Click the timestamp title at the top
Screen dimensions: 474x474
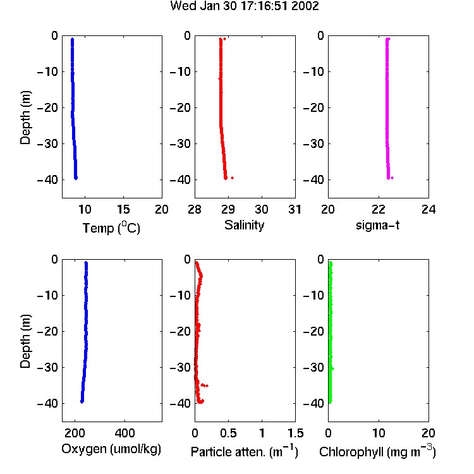[245, 6]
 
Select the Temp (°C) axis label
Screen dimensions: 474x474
[111, 228]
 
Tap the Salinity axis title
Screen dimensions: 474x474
[244, 225]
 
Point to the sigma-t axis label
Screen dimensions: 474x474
[377, 225]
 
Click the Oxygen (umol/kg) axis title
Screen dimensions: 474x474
[111, 449]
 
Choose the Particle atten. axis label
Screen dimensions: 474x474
[244, 451]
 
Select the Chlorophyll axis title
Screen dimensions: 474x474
[377, 451]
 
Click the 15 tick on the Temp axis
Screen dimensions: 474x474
[123, 209]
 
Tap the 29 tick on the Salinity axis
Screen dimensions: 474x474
[228, 209]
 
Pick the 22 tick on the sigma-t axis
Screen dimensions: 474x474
[379, 209]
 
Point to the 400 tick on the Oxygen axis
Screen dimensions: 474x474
[125, 433]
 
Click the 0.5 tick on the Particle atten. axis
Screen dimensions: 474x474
[228, 433]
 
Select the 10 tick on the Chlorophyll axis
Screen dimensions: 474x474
[379, 433]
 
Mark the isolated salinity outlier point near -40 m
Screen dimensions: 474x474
[232, 178]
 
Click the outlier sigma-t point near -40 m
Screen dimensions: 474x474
[392, 178]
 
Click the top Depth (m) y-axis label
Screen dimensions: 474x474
[25, 118]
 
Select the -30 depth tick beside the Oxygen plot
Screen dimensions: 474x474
[47, 367]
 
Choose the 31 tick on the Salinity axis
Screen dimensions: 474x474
[295, 209]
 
